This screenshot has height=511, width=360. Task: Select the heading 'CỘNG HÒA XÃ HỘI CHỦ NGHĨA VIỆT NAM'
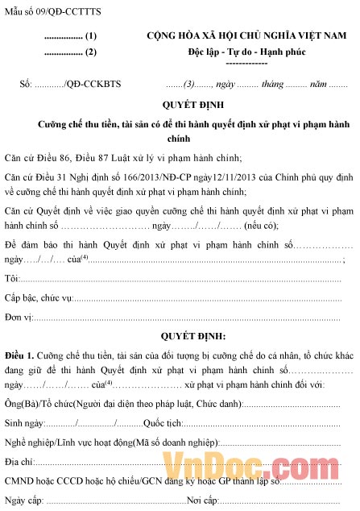point(246,37)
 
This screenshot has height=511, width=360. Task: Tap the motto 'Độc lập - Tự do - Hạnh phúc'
point(247,52)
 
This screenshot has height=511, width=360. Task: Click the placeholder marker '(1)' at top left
point(90,37)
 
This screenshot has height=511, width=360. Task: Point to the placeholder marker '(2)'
point(90,52)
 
